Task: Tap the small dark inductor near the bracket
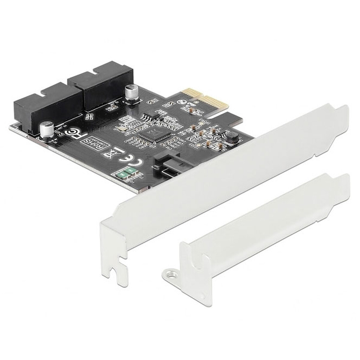231,136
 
